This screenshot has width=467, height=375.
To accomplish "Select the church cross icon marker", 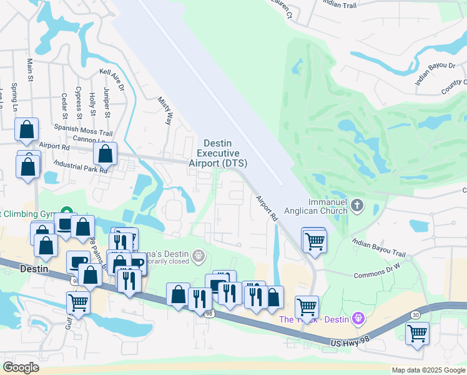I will click(x=357, y=205).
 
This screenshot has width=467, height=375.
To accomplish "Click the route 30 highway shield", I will click(x=416, y=314).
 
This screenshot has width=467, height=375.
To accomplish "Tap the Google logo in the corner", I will click(x=21, y=367).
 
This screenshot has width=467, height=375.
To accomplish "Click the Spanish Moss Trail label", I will click(x=82, y=133).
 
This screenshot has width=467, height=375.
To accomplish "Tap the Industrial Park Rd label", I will click(x=81, y=166).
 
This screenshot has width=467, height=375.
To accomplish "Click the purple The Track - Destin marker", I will click(x=358, y=319).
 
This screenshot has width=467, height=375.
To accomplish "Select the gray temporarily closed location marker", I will click(x=199, y=254).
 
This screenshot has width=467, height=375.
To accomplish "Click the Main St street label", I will click(x=29, y=70).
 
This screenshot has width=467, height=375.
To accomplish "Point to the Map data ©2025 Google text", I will click(x=428, y=370).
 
